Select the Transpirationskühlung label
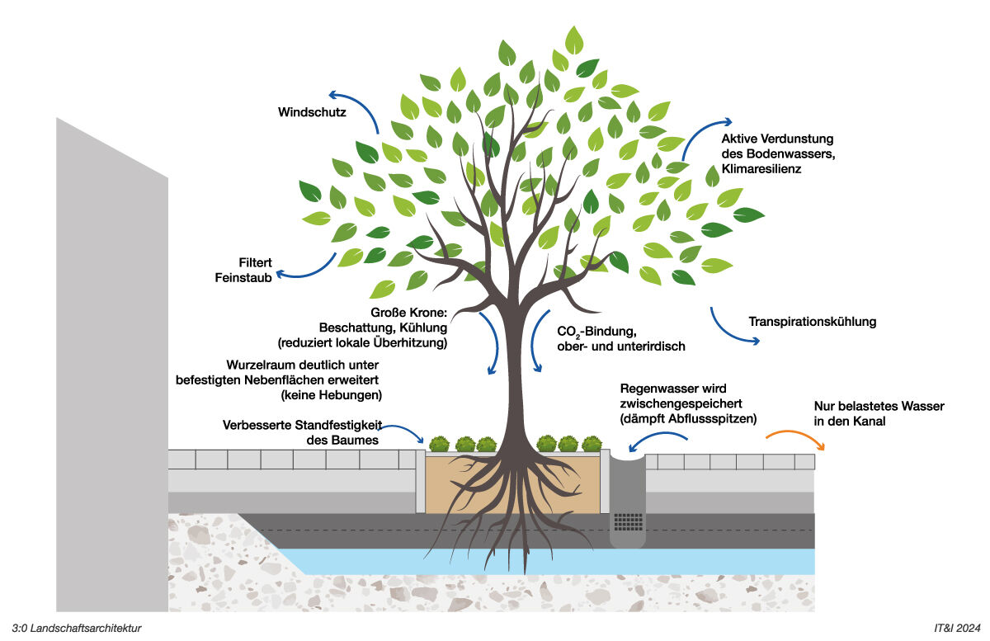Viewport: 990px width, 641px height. [812, 322]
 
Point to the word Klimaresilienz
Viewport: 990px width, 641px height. [761, 168]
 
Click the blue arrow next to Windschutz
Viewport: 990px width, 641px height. [351, 106]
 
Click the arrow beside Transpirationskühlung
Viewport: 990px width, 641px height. [730, 328]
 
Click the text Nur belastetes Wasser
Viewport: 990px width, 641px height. [879, 407]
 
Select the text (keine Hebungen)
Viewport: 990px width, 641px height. [332, 395]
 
